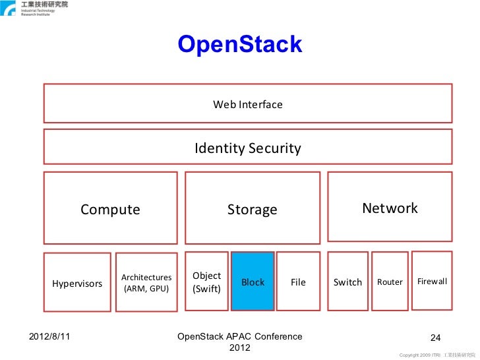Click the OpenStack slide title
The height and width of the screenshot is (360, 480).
pyautogui.click(x=239, y=44)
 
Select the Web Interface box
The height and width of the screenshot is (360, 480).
pyautogui.click(x=247, y=104)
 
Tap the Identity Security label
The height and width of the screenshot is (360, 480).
pyautogui.click(x=247, y=148)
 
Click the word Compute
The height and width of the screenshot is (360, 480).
pyautogui.click(x=110, y=210)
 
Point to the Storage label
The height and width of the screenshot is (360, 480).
pyautogui.click(x=252, y=210)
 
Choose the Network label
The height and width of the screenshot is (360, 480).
pyautogui.click(x=390, y=208)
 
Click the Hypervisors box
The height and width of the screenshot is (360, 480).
pyautogui.click(x=77, y=283)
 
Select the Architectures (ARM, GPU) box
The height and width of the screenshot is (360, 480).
pyautogui.click(x=146, y=283)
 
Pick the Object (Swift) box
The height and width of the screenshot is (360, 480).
pyautogui.click(x=206, y=282)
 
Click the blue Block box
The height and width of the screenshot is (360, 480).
pyautogui.click(x=253, y=282)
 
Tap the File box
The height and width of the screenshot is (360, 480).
pyautogui.click(x=298, y=282)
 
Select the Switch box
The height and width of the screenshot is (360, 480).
pyautogui.click(x=347, y=282)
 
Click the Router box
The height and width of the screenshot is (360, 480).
pyautogui.click(x=390, y=282)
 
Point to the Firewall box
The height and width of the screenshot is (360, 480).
pyautogui.click(x=432, y=281)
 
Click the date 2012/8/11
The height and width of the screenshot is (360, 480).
pyautogui.click(x=50, y=336)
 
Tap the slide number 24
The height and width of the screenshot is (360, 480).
pyautogui.click(x=435, y=338)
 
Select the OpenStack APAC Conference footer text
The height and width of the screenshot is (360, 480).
pyautogui.click(x=240, y=342)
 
